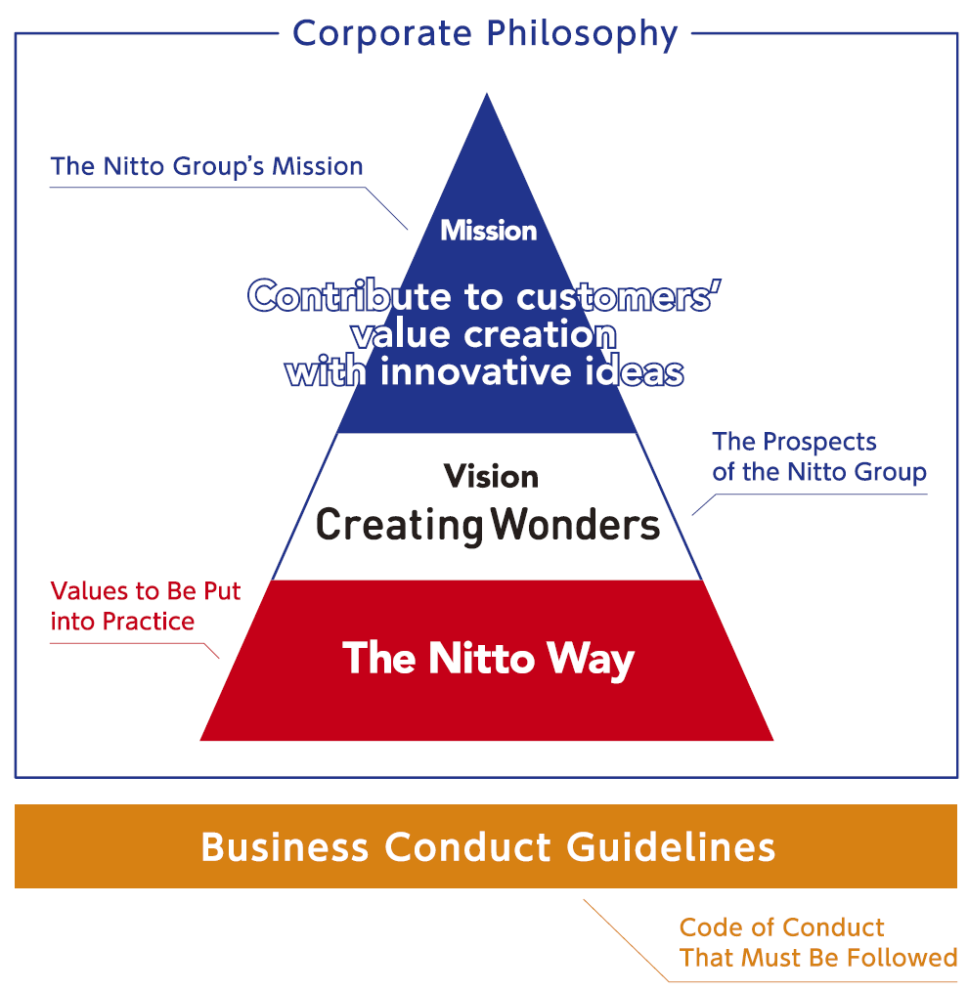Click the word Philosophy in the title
click(x=582, y=35)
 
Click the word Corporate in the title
click(x=382, y=33)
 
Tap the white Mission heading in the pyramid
click(x=489, y=231)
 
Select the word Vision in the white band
click(x=491, y=477)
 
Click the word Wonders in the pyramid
click(x=575, y=525)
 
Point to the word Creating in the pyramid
click(x=400, y=526)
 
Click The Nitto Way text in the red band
click(x=488, y=659)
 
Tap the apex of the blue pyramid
click(x=486, y=94)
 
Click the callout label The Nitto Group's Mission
click(x=206, y=167)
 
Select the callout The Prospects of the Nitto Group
click(x=819, y=457)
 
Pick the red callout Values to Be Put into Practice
click(x=146, y=606)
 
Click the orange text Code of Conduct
click(x=781, y=927)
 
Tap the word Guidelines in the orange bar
click(x=671, y=847)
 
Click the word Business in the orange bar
click(x=285, y=847)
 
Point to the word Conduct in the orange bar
click(x=468, y=847)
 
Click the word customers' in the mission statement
click(x=619, y=296)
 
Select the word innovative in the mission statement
click(x=475, y=371)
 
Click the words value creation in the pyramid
click(x=484, y=335)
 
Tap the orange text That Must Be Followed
click(x=818, y=958)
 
